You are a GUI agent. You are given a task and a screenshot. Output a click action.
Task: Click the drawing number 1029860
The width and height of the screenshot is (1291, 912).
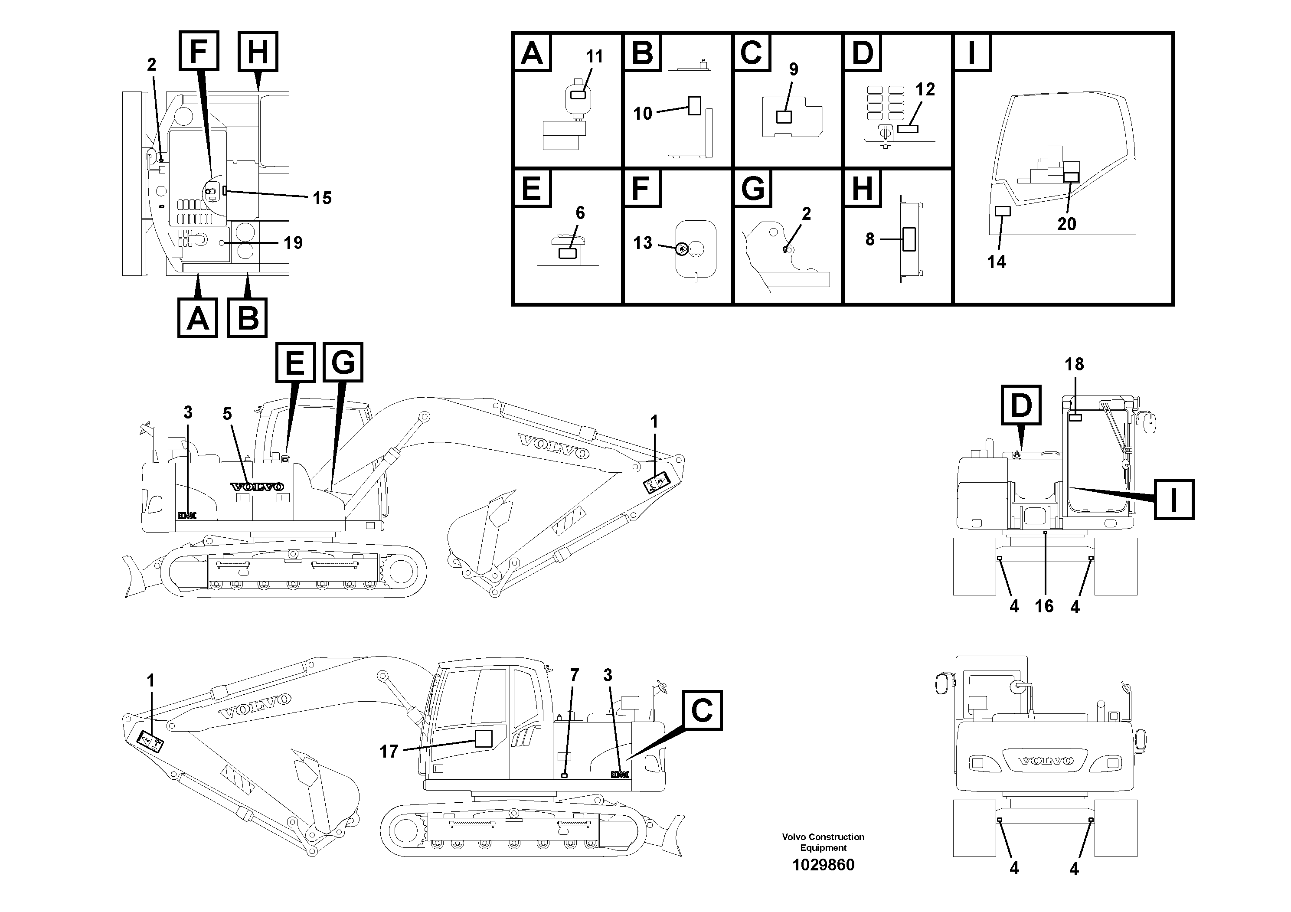pyautogui.click(x=823, y=865)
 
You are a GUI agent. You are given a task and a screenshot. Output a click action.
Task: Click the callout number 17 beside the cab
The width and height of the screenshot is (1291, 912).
pyautogui.click(x=389, y=751)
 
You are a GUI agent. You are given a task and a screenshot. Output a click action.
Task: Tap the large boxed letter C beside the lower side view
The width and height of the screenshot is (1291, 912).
pyautogui.click(x=702, y=711)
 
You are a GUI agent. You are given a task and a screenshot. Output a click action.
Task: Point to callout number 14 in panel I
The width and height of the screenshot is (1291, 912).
pyautogui.click(x=997, y=262)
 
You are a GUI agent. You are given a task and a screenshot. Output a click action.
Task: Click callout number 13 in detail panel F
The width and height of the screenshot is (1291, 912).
pyautogui.click(x=643, y=243)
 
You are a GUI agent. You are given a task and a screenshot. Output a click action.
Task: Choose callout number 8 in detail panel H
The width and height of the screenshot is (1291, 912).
pyautogui.click(x=870, y=239)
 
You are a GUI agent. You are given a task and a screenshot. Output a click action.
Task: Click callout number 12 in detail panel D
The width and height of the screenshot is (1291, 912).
pyautogui.click(x=925, y=89)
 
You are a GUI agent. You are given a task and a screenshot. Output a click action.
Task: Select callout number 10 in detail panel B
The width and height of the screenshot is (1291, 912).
pyautogui.click(x=642, y=114)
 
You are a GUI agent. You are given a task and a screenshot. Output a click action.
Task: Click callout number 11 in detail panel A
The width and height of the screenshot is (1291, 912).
pyautogui.click(x=595, y=57)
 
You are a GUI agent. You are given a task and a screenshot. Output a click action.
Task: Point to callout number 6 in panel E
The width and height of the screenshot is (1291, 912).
pyautogui.click(x=580, y=213)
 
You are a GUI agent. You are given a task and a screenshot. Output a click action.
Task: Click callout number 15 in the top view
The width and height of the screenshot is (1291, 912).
pyautogui.click(x=322, y=198)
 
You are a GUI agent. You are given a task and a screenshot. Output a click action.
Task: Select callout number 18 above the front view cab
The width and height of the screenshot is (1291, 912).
pyautogui.click(x=1074, y=364)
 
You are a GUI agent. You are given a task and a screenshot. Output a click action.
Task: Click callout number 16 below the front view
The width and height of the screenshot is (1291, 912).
pyautogui.click(x=1044, y=606)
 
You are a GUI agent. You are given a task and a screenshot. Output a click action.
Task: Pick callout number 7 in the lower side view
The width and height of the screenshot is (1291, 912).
pyautogui.click(x=574, y=675)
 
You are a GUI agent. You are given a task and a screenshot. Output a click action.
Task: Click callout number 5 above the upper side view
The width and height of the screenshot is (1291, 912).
pyautogui.click(x=227, y=414)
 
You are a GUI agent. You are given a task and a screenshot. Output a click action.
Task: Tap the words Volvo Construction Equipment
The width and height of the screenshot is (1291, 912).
pyautogui.click(x=823, y=842)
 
